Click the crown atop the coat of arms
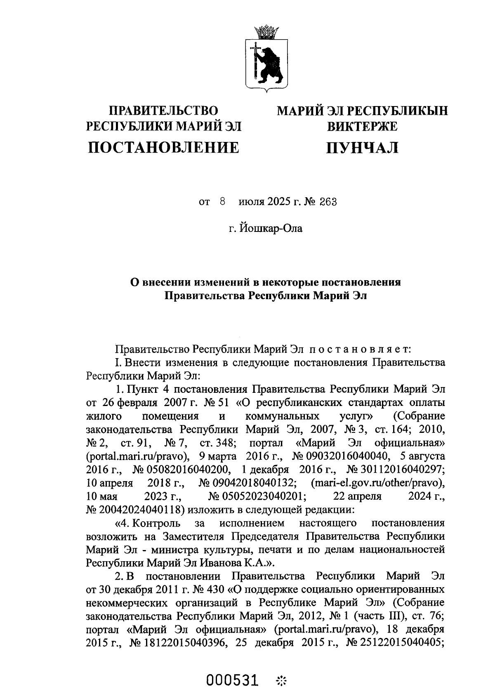[x=266, y=32]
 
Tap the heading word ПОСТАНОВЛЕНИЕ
[x=163, y=147]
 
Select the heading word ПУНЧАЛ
[x=362, y=147]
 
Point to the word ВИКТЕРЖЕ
[x=362, y=126]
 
